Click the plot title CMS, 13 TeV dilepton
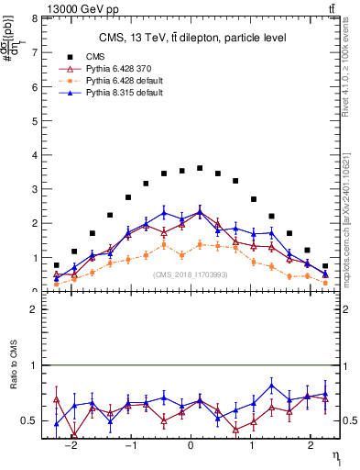pyautogui.click(x=191, y=38)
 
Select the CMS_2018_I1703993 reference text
pyautogui.click(x=191, y=274)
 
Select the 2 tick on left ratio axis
pyautogui.click(x=33, y=309)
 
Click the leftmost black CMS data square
pyautogui.click(x=57, y=265)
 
